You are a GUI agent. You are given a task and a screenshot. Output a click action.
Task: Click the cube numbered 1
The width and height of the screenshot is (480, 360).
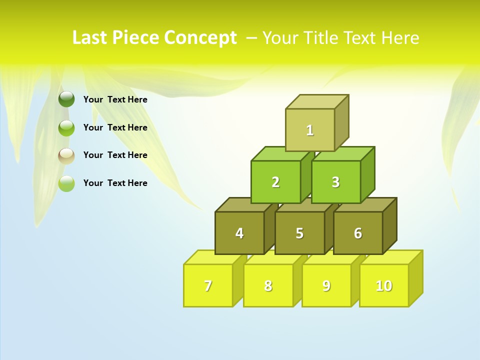pos(310,130)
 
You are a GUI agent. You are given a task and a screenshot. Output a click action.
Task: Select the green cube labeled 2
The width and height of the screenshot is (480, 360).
pos(275,182)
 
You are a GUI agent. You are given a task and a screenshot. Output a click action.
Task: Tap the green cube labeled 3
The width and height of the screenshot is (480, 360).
pos(335,182)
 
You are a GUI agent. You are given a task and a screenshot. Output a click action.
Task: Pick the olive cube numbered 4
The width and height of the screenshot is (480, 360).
pos(239,233)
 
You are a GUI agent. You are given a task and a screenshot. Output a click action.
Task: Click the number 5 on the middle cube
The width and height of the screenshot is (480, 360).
pos(299,233)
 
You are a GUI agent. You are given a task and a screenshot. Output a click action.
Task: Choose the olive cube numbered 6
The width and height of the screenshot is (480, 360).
pos(358,233)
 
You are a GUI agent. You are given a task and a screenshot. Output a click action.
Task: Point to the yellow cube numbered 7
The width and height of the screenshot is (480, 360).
pos(208,285)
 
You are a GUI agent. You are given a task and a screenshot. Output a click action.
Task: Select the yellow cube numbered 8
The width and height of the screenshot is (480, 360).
pos(268,285)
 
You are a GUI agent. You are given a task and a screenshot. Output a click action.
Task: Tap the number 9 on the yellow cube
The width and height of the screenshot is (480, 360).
pos(326,285)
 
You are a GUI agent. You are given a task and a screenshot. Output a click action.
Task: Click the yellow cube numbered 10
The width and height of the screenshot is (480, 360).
pos(383,285)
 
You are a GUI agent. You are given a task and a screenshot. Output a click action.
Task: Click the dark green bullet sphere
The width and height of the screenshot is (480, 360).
pos(66,99)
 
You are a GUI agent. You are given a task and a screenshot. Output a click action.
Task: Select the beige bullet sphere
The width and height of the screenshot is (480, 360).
pos(66,155)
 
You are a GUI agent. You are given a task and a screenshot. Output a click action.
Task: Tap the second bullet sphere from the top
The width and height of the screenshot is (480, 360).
pos(66,128)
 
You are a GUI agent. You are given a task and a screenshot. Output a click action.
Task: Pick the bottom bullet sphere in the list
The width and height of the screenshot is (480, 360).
pos(66,183)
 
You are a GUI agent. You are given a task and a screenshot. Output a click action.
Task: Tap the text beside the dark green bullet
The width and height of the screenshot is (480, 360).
pos(115,99)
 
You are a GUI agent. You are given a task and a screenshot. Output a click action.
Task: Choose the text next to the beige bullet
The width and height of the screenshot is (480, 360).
pos(115,155)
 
